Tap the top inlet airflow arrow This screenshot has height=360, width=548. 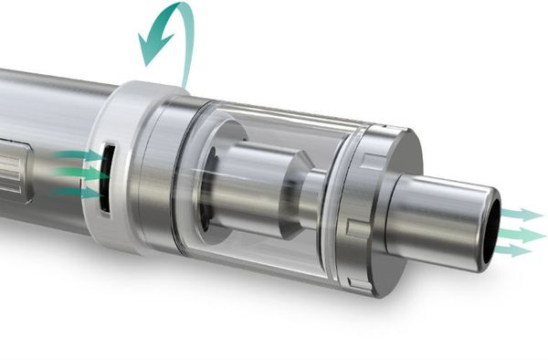pyautogui.click(x=79, y=156)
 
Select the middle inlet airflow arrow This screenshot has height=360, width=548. pyautogui.click(x=79, y=174)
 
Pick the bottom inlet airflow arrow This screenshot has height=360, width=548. pyautogui.click(x=79, y=192)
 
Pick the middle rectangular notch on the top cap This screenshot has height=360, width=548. pyautogui.click(x=354, y=224)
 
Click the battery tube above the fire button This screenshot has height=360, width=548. pyautogui.click(x=46, y=101)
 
